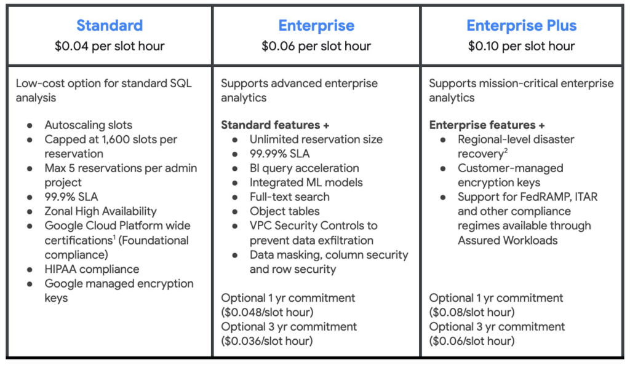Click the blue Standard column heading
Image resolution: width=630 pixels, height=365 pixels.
(x=110, y=25)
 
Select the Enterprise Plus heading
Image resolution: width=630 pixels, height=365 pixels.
(x=522, y=25)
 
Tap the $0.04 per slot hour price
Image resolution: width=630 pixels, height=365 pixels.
(x=110, y=46)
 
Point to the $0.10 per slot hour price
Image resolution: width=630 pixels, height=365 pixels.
(x=522, y=46)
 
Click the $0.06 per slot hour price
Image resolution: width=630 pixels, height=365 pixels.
(x=316, y=46)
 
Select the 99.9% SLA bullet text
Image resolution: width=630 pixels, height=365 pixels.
(x=71, y=197)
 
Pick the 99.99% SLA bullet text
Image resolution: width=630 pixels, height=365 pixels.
(x=280, y=154)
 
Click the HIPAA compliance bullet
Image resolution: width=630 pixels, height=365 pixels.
(x=92, y=269)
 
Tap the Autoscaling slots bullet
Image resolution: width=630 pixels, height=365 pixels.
(x=89, y=125)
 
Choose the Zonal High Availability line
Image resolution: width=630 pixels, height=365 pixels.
(x=100, y=211)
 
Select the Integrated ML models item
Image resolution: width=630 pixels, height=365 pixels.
(x=306, y=182)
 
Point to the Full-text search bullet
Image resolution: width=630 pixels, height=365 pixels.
(x=289, y=197)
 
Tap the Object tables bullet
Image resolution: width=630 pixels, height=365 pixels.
(x=284, y=211)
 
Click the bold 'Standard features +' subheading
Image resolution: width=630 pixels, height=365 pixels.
(x=275, y=125)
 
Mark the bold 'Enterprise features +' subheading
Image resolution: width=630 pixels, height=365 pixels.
(x=487, y=125)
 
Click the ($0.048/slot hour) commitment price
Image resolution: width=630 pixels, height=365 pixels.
(x=267, y=312)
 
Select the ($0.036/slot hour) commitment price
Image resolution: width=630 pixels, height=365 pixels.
(x=267, y=341)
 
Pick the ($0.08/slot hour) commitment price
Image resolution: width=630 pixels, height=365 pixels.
(x=472, y=312)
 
